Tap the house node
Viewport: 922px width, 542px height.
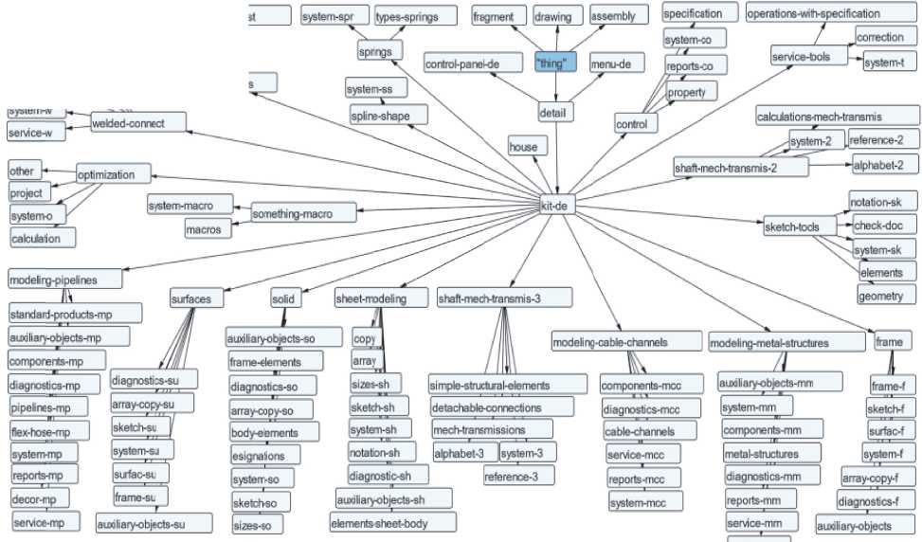(x=523, y=147)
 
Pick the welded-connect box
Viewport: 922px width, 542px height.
(x=138, y=123)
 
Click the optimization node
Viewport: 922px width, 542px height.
(x=113, y=175)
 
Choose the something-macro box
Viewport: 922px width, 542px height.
(x=292, y=214)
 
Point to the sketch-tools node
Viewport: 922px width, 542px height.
(x=798, y=227)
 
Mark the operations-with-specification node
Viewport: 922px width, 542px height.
(x=826, y=14)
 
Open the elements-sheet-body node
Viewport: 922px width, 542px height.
(x=392, y=522)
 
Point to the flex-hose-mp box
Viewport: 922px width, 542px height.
(x=49, y=431)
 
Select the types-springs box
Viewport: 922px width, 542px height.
(x=406, y=17)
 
